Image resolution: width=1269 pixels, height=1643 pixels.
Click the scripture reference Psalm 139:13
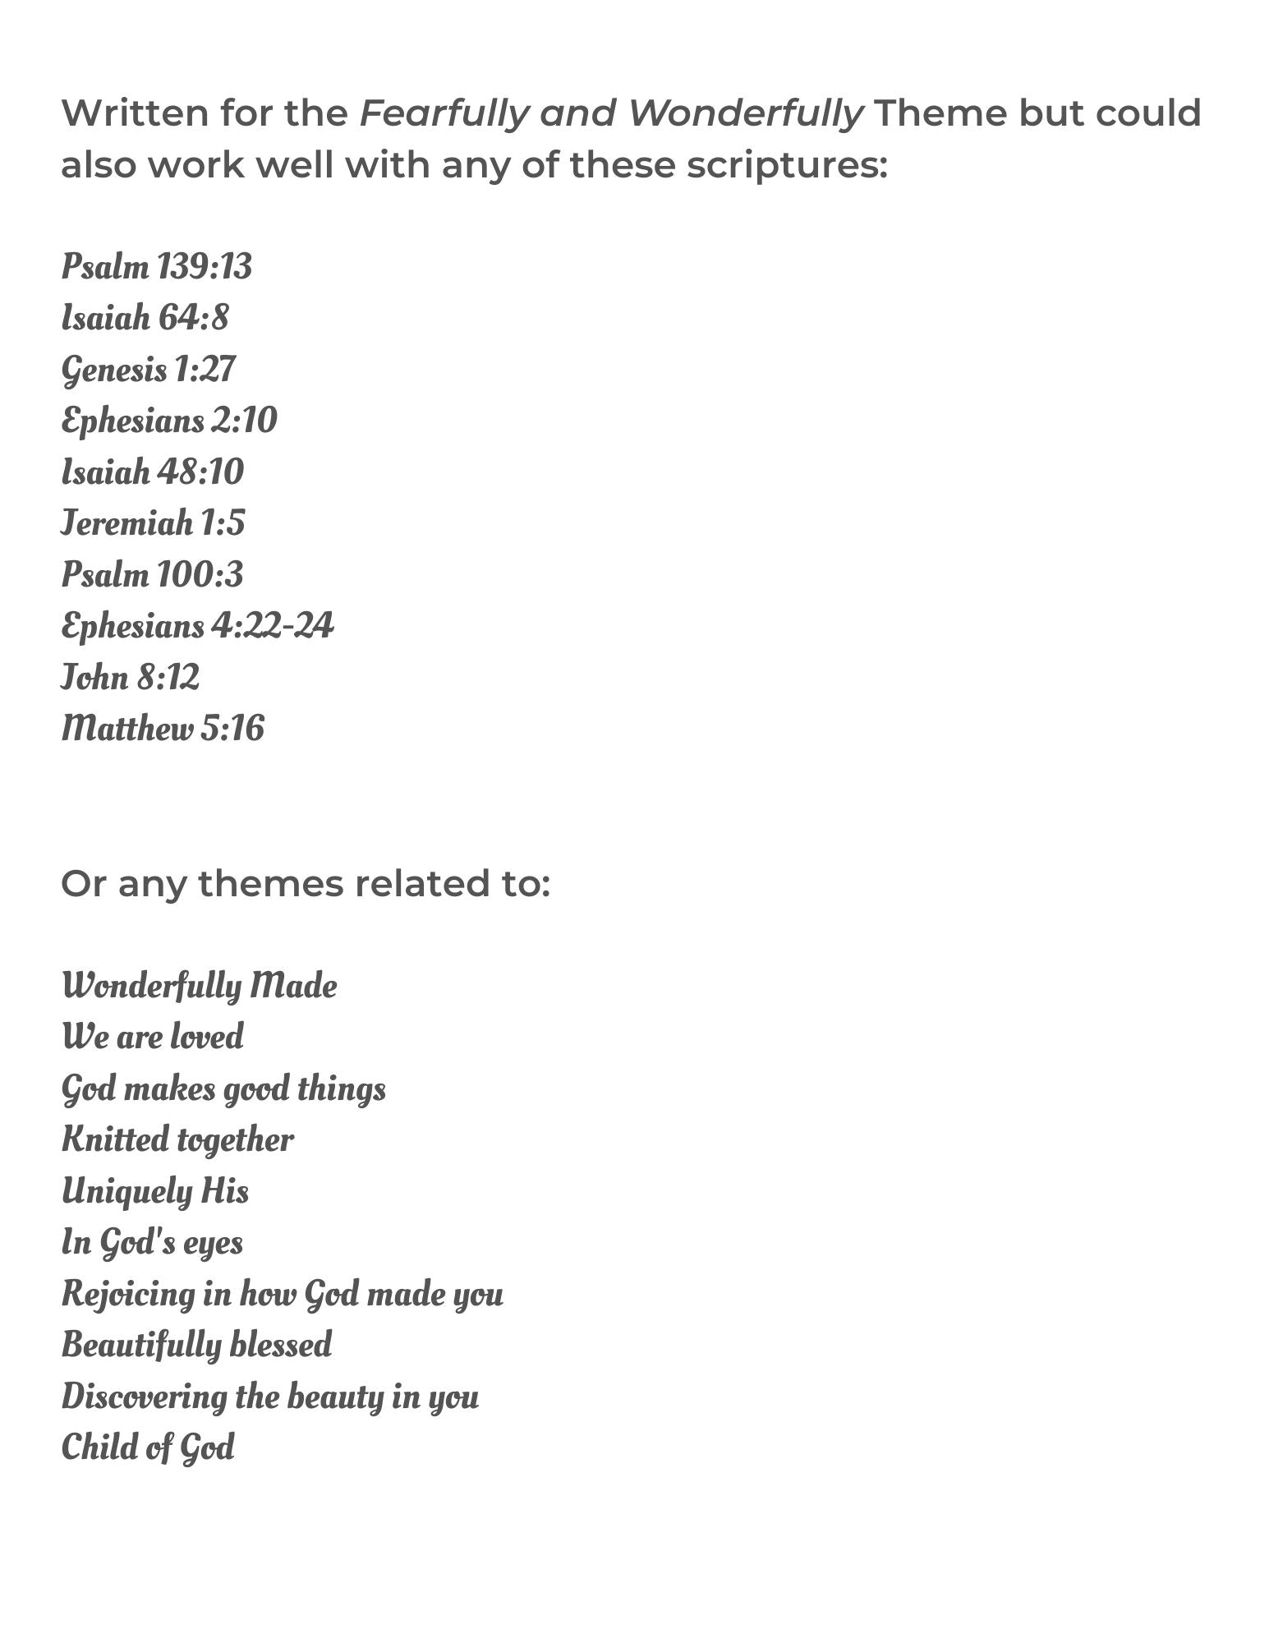pos(156,267)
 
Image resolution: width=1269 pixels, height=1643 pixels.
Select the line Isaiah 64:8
pos(145,318)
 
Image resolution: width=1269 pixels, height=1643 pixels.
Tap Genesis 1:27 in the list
pos(148,370)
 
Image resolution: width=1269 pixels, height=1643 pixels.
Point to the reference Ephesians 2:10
pos(169,421)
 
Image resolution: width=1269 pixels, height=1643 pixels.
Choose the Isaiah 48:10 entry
pos(153,472)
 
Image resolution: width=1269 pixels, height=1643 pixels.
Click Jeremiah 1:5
pos(153,523)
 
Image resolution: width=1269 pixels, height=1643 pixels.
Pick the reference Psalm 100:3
pos(152,574)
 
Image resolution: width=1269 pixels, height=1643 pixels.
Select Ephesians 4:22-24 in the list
pos(197,626)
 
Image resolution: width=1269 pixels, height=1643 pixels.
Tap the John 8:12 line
pos(130,678)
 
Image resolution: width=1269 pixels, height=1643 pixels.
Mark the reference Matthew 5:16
pos(163,729)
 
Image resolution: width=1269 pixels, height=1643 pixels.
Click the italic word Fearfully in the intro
pos(444,113)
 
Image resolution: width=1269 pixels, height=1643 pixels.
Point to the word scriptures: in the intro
pos(787,164)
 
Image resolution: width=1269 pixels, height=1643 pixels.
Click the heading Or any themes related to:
pos(305,884)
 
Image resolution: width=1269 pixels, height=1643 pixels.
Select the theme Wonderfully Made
pos(199,986)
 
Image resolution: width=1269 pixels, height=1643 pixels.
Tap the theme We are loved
pos(153,1037)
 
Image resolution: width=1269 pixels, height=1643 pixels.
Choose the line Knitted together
pos(177,1140)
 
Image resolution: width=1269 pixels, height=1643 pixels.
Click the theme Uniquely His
pos(155,1191)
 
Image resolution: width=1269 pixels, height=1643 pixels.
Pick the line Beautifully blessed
pos(196,1346)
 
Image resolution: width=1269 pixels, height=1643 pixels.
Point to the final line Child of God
pos(148,1447)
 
